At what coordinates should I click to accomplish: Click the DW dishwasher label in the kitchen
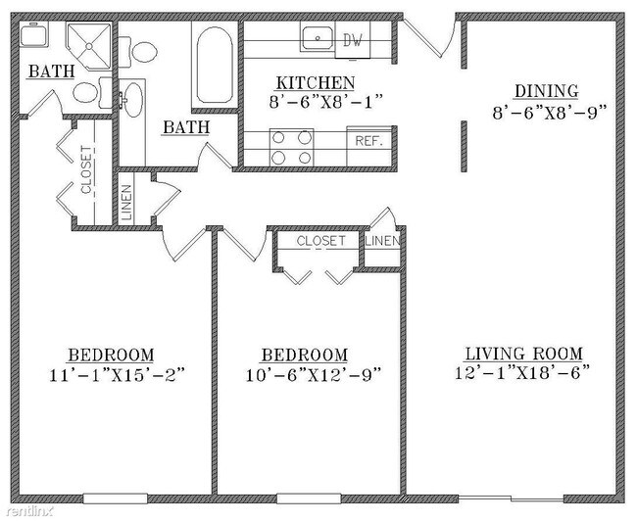coord(352,40)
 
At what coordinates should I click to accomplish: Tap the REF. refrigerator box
coord(369,146)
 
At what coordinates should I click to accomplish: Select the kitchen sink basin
coord(318,38)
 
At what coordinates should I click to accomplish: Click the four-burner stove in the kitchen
coord(292,147)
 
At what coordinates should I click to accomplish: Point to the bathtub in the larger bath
coord(215,65)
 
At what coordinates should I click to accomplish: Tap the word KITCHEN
coord(316,83)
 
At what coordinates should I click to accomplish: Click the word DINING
coord(547,91)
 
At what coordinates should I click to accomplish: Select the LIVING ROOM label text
coord(523,354)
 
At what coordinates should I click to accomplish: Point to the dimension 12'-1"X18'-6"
coord(522,372)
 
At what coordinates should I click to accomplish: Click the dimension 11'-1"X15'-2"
coord(117,374)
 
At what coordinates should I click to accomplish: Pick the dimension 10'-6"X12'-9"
coord(314,374)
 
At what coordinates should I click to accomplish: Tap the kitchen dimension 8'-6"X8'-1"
coord(326,102)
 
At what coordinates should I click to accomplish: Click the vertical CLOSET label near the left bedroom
coord(86,169)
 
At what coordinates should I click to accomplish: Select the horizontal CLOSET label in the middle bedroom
coord(320,241)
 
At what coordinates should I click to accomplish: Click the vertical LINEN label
coord(126,203)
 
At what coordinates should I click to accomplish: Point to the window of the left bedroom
coord(116,498)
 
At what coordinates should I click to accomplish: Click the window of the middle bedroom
coord(309,498)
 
